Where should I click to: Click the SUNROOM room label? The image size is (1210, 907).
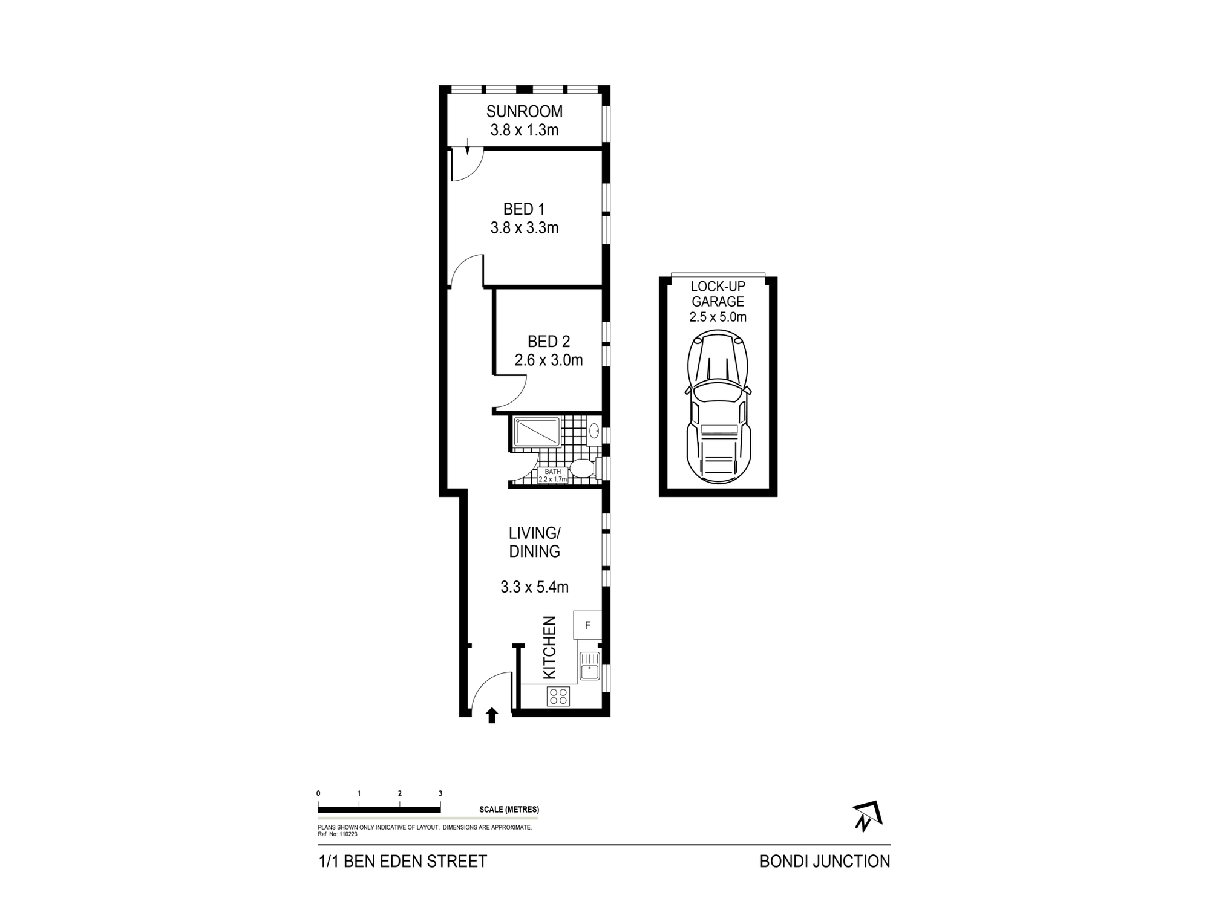[524, 111]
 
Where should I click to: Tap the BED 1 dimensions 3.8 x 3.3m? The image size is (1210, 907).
[524, 228]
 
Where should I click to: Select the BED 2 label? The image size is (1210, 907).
[548, 341]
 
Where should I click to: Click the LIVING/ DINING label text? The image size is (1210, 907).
[534, 542]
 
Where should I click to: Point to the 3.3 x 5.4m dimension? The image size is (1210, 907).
[534, 587]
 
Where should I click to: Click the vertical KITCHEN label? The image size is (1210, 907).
[549, 647]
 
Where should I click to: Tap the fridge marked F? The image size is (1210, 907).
[587, 625]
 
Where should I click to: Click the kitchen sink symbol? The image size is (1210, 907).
[589, 667]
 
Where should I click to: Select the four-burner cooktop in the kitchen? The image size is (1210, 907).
[558, 696]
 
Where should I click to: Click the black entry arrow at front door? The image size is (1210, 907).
[492, 715]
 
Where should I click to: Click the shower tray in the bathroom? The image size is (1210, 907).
[537, 432]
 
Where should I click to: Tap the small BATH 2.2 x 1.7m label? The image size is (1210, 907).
[552, 475]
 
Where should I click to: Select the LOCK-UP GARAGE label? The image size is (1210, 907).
[718, 294]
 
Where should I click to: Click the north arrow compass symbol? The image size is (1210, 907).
[867, 816]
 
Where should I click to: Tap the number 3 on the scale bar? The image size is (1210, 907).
[440, 793]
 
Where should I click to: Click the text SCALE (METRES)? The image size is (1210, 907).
[509, 810]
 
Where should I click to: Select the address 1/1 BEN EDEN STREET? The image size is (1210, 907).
[402, 862]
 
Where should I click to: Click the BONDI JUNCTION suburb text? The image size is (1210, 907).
[825, 862]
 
